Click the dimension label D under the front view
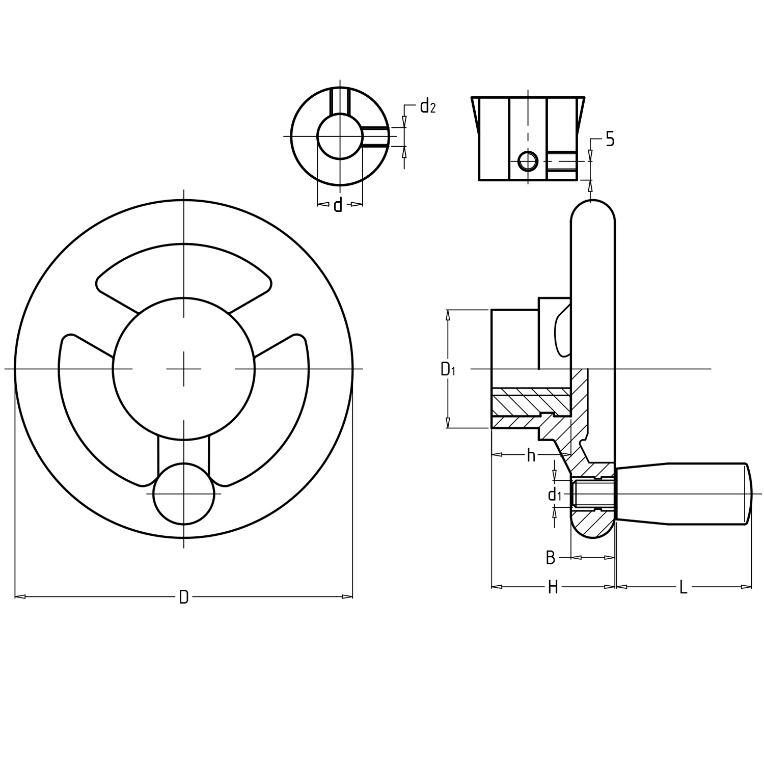tap(184, 597)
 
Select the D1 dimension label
tap(448, 369)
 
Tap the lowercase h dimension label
tap(531, 455)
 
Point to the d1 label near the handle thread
tap(554, 494)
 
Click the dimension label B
tap(550, 558)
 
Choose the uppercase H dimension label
tap(553, 587)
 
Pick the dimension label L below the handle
tap(684, 587)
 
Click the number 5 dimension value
tap(610, 139)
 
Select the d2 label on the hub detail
tap(427, 106)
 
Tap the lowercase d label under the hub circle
tap(338, 205)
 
